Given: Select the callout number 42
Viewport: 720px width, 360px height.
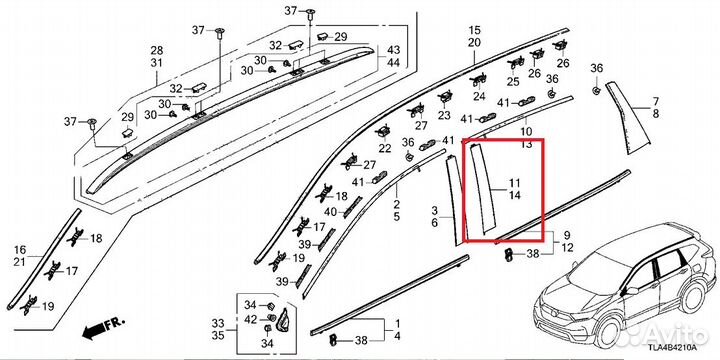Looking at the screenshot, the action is (x=251, y=319).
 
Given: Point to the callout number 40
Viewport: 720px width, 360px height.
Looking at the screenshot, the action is (x=331, y=212).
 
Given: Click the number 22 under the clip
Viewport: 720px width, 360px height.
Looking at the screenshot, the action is (x=385, y=148).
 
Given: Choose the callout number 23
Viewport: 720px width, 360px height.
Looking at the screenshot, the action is (x=444, y=115).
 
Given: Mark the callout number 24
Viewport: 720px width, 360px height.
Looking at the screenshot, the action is (x=479, y=96).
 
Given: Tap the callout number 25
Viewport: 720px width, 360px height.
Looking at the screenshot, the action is (x=513, y=82).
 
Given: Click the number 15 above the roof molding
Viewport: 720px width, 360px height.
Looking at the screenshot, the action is (x=474, y=31).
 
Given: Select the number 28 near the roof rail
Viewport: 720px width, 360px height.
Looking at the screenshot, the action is (x=157, y=50).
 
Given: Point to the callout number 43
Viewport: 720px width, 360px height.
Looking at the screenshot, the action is (x=394, y=50).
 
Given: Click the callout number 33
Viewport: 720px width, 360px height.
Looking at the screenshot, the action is (x=218, y=323).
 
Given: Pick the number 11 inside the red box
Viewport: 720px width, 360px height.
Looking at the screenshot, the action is (x=514, y=183).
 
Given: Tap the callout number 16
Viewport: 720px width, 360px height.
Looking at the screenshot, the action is (x=20, y=250).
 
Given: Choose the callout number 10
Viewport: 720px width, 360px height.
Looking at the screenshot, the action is (x=526, y=133).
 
